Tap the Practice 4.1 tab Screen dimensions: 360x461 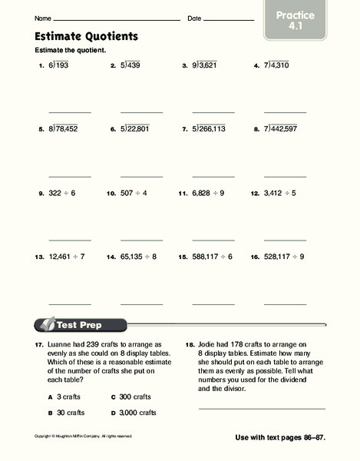click(x=312, y=21)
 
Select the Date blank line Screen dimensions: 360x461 click(x=229, y=19)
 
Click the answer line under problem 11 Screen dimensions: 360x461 click(x=213, y=240)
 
